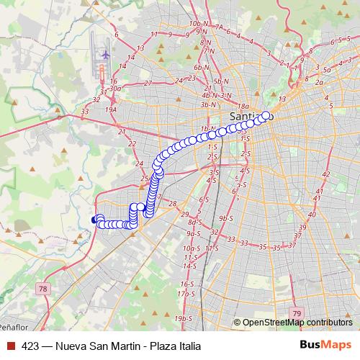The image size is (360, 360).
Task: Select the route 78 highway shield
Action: [43, 289]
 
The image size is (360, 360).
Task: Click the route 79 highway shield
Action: [297, 313]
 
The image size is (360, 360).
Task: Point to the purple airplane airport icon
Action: [105, 54]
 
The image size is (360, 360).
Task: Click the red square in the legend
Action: [10, 346]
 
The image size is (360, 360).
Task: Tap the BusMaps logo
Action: [325, 346]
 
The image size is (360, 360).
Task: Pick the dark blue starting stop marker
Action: [94, 220]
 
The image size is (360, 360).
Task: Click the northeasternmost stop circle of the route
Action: [266, 115]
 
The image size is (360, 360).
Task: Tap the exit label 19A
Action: [110, 109]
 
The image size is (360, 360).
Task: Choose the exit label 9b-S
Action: [226, 217]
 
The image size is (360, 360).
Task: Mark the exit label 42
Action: [325, 174]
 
